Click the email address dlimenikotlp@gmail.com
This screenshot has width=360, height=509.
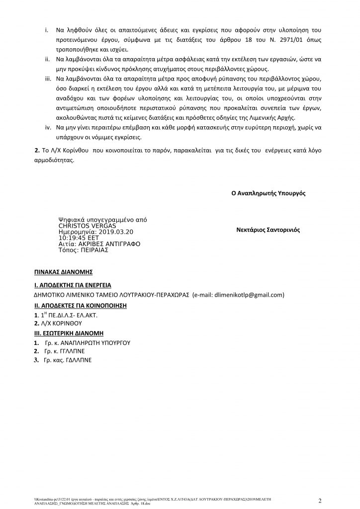coord(241,295)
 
